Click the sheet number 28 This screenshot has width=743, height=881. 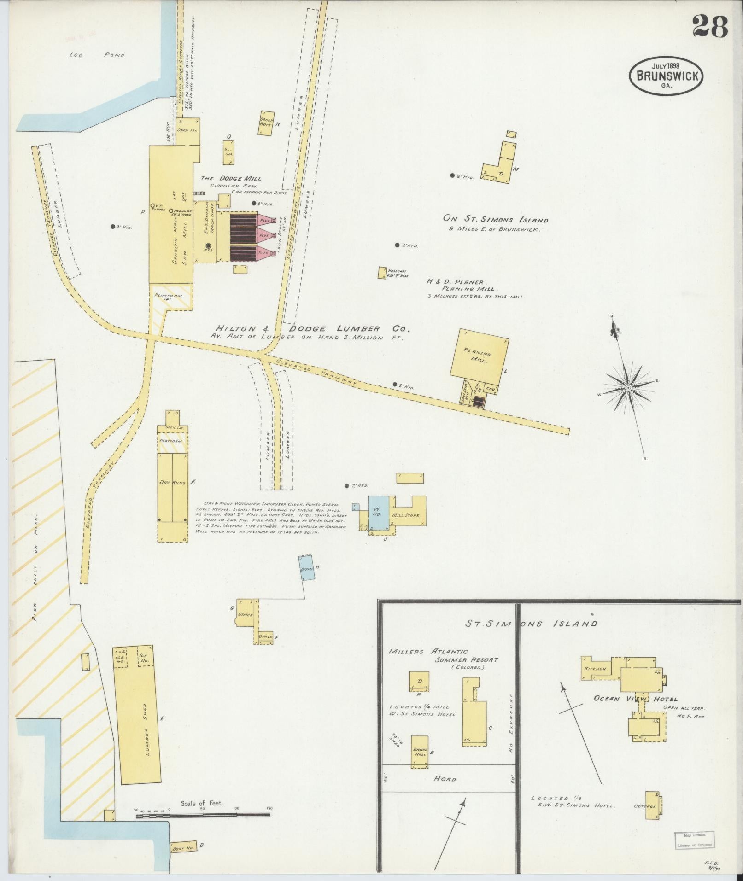click(x=710, y=27)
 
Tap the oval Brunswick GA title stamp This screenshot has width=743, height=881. click(x=666, y=76)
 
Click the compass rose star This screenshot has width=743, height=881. click(x=628, y=388)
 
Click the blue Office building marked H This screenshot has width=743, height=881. click(x=307, y=569)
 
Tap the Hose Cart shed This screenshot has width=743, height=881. click(x=382, y=273)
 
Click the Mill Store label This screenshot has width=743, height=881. click(x=406, y=515)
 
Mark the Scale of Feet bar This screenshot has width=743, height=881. click(x=203, y=816)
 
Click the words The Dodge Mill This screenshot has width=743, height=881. click(x=230, y=178)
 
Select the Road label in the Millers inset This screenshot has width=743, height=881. click(x=445, y=779)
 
